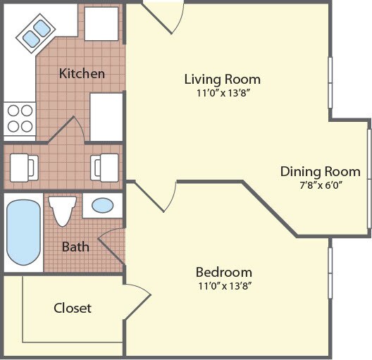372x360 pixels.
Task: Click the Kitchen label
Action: coord(82,73)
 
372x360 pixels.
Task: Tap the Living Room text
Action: coord(222,79)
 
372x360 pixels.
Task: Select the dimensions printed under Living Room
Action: coord(222,92)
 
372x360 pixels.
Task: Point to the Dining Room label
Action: coord(320,171)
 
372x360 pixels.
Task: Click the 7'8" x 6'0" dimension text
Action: coord(320,185)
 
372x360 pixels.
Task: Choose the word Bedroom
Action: coord(223,272)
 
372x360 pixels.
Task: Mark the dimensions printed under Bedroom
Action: coord(223,285)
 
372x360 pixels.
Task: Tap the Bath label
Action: coord(75,247)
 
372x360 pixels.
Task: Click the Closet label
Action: coord(73,308)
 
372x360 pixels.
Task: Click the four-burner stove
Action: coord(19,118)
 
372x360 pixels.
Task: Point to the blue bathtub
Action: coord(24,233)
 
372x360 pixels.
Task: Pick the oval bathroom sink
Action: coord(103,206)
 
